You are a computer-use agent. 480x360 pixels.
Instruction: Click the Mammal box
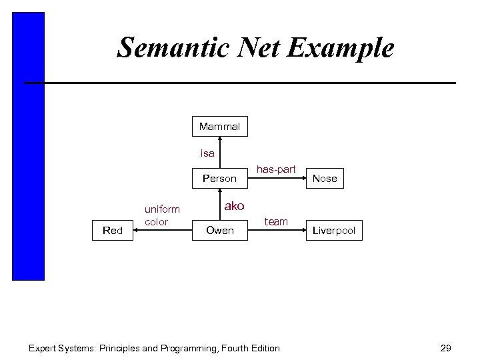(x=219, y=125)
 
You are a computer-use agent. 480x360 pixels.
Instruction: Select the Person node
(x=219, y=178)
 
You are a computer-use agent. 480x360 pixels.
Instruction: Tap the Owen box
(x=220, y=231)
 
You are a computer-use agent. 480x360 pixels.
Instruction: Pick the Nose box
(x=325, y=178)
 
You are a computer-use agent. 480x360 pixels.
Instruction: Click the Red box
(x=113, y=231)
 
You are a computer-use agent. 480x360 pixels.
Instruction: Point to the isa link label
(x=208, y=153)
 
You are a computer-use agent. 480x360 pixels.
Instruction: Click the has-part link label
(x=276, y=169)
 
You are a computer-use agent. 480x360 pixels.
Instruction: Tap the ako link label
(x=234, y=206)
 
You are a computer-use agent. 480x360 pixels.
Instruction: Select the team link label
(x=276, y=221)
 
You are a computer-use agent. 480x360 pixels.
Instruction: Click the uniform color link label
(x=162, y=215)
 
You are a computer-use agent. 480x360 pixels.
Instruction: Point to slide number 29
(x=446, y=347)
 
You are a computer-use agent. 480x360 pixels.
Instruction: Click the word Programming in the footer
(x=200, y=348)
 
